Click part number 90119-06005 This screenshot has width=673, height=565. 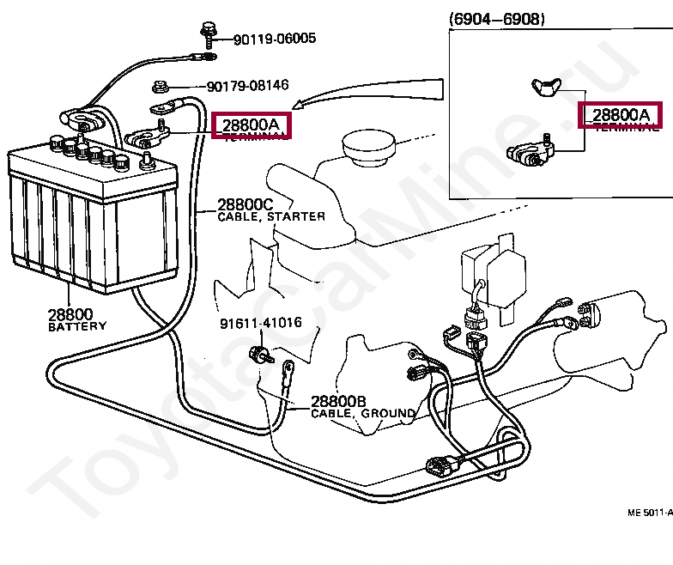click(x=275, y=38)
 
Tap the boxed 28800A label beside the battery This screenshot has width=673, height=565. click(x=252, y=125)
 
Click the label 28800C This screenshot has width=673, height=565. click(x=245, y=204)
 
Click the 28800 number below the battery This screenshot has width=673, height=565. click(x=70, y=314)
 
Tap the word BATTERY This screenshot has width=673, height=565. click(x=77, y=326)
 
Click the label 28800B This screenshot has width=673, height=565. click(x=338, y=401)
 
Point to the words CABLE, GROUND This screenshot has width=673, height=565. click(x=363, y=413)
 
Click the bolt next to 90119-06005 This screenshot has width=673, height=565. click(x=208, y=33)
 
